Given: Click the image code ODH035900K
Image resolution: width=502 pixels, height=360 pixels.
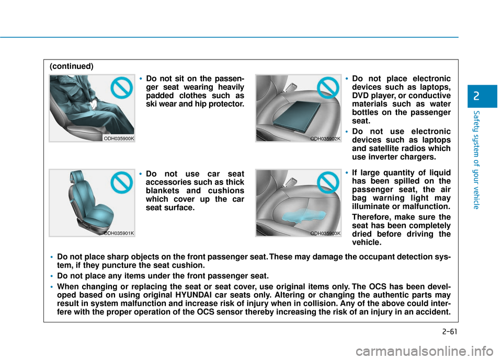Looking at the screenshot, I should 119,138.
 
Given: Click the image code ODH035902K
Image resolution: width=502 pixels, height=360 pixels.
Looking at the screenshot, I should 325,138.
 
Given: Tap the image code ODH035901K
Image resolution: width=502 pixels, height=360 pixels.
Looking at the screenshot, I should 119,233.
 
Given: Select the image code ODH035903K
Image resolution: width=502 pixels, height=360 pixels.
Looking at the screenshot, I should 325,233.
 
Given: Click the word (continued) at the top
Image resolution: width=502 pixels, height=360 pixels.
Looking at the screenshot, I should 72,66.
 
